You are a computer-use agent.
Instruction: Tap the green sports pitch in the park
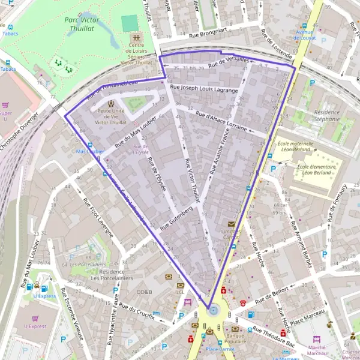[x=129, y=23]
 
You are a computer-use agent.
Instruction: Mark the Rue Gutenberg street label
[x=176, y=219]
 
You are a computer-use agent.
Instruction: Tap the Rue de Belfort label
[x=272, y=294]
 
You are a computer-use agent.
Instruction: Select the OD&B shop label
[x=145, y=292]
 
